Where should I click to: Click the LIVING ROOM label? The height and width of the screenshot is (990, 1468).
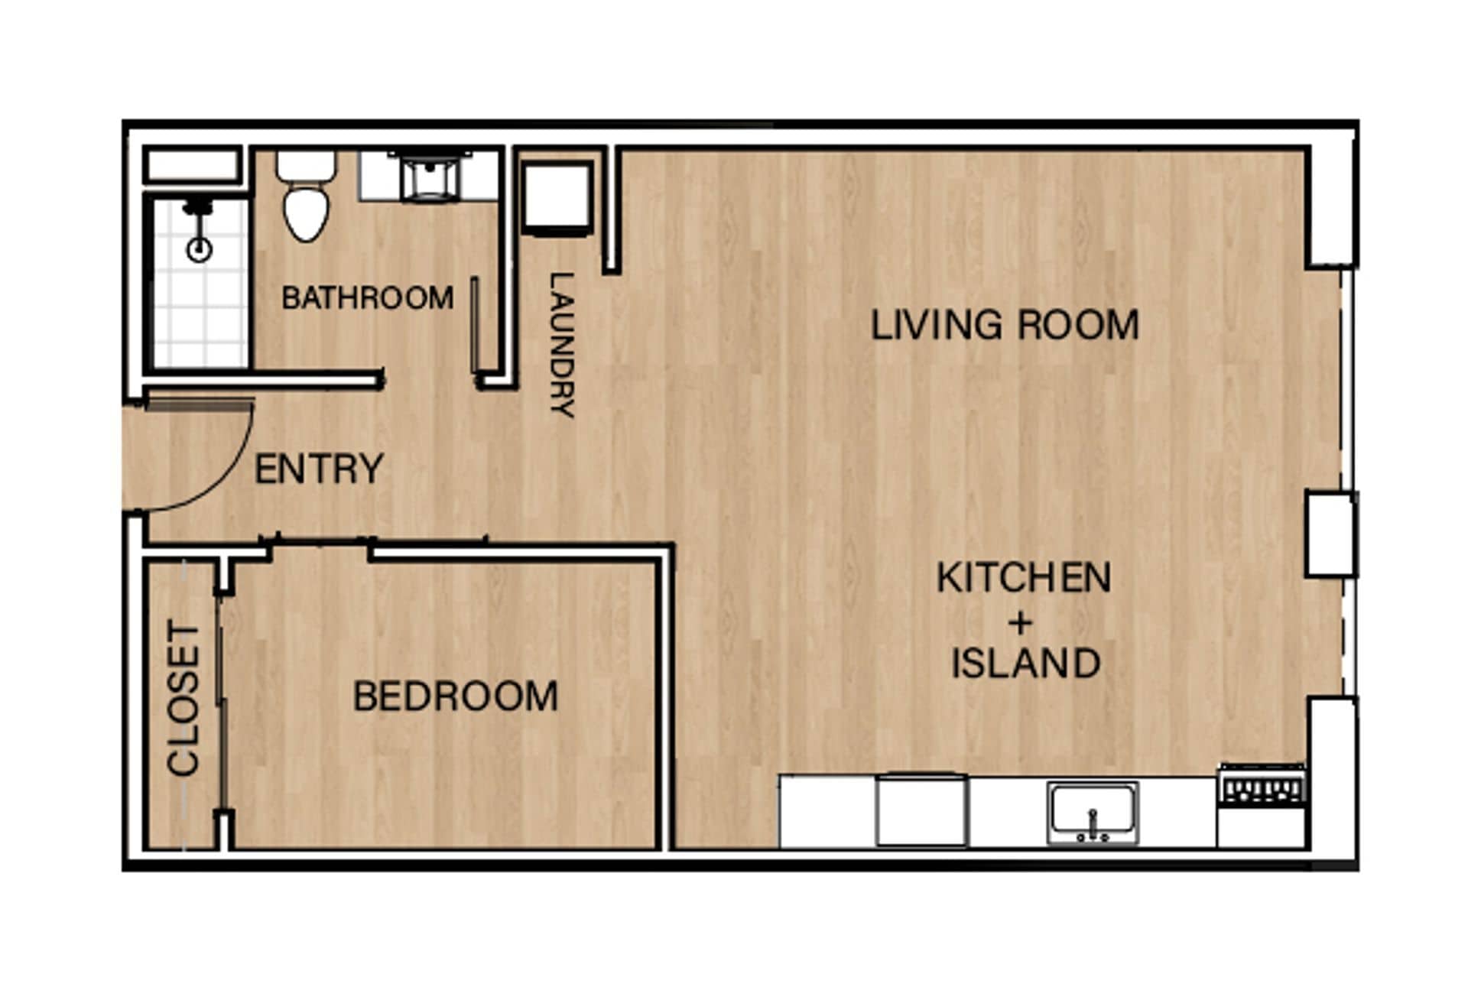pos(1005,325)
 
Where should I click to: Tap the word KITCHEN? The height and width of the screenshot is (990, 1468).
pos(1024,578)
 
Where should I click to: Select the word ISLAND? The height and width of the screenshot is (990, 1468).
pos(1025,663)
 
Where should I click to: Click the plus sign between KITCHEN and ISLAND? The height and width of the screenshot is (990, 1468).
pos(1020,622)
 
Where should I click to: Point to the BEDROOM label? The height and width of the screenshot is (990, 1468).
pos(456,696)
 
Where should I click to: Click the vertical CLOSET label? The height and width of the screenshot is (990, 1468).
pos(183,699)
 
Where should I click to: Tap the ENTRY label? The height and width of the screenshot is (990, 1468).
pos(319,469)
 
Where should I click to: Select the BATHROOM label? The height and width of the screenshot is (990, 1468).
pos(368,298)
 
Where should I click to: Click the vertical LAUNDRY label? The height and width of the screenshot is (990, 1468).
pos(561,344)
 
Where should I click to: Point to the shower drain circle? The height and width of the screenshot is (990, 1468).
pos(200,249)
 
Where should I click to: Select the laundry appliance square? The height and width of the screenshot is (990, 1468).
pos(557,196)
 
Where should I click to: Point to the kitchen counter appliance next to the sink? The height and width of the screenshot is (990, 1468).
pos(921,810)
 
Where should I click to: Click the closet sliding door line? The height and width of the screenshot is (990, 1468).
pos(221,703)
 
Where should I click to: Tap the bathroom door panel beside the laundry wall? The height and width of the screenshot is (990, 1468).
pos(475,325)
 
